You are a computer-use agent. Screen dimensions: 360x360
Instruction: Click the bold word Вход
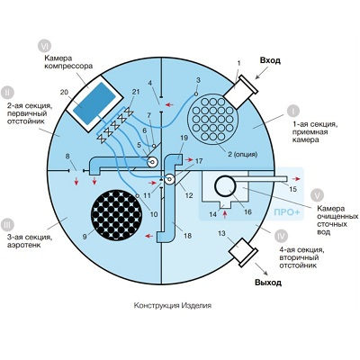[x=270, y=60]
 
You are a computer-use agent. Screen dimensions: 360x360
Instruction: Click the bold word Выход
[x=268, y=283]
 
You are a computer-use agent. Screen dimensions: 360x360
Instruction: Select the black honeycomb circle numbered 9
[x=116, y=214]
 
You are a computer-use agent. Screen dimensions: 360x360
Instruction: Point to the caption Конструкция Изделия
[x=173, y=305]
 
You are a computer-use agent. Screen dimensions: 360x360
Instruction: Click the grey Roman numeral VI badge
[x=45, y=47]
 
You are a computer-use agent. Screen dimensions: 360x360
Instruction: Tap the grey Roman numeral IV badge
[x=282, y=236]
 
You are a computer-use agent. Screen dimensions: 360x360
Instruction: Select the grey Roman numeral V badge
[x=317, y=195]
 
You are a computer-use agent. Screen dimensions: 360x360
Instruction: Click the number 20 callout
[x=64, y=92]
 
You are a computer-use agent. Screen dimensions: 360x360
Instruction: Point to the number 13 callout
[x=221, y=233]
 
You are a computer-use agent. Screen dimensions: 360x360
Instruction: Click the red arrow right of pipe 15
[x=296, y=179]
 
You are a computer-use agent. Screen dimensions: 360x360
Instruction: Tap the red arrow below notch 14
[x=225, y=214]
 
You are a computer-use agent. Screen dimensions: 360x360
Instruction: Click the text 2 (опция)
[x=241, y=155]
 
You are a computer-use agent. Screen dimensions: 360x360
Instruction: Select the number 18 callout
[x=187, y=236]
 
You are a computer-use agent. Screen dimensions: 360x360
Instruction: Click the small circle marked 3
[x=196, y=94]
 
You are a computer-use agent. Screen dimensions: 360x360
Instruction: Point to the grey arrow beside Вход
[x=261, y=73]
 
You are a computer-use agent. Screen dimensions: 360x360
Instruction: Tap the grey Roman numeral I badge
[x=293, y=111]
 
